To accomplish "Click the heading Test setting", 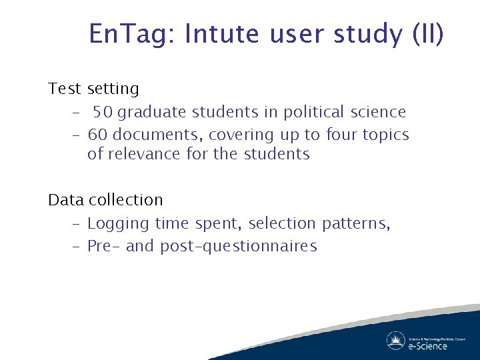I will pyautogui.click(x=93, y=89).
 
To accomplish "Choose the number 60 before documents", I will pyautogui.click(x=99, y=135).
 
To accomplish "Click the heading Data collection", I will pyautogui.click(x=105, y=200).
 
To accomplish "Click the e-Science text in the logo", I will pyautogui.click(x=428, y=346).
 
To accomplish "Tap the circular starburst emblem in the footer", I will pyautogui.click(x=395, y=341).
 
